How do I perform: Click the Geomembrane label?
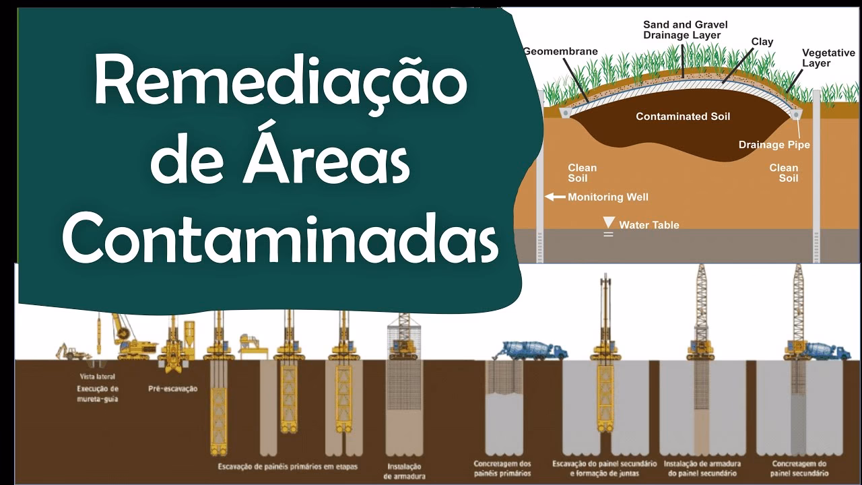click(560, 51)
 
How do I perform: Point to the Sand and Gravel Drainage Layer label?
click(685, 30)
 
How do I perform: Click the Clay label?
click(762, 42)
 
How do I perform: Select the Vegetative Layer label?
click(828, 58)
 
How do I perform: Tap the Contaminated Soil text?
click(683, 117)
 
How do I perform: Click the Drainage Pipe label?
click(774, 145)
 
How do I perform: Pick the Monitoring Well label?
click(608, 197)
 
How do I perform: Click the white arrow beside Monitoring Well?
click(555, 197)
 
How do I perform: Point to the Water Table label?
click(649, 225)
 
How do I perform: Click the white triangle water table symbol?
click(609, 222)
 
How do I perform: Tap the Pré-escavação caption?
click(172, 389)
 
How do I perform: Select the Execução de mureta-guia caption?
click(98, 393)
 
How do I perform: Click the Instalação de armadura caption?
click(405, 471)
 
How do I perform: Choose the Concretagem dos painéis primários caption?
click(502, 468)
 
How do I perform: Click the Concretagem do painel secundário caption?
click(800, 468)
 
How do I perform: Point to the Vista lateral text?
click(96, 377)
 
